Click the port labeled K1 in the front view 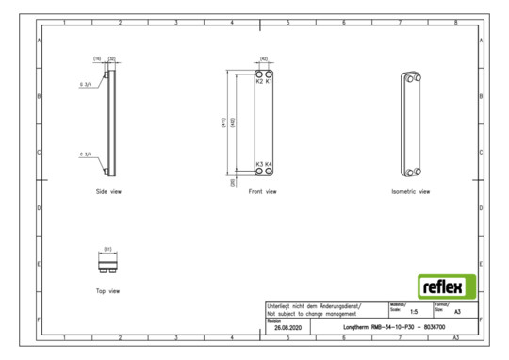click(x=269, y=81)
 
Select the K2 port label click(x=259, y=81)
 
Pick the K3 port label click(x=259, y=164)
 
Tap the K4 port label click(x=269, y=164)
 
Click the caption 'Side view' click(x=108, y=191)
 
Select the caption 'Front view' click(x=263, y=191)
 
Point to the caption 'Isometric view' click(x=411, y=191)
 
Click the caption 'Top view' click(x=107, y=291)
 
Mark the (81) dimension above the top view click(x=107, y=249)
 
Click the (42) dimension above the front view click(x=264, y=58)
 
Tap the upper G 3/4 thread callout click(x=87, y=83)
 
